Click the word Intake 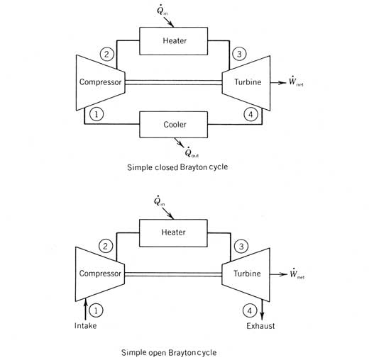85,326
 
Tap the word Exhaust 260,326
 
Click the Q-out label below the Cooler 192,152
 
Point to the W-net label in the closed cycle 296,81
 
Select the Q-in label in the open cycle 159,201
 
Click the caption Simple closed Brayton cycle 177,167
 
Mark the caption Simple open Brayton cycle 169,352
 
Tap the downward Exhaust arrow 262,310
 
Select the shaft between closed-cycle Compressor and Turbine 173,82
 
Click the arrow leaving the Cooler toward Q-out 179,142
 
